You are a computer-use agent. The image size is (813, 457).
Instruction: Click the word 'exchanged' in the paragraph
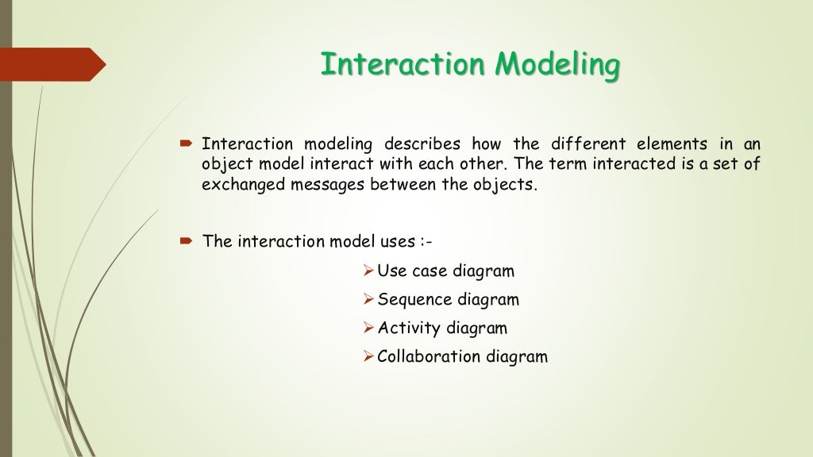tap(237, 185)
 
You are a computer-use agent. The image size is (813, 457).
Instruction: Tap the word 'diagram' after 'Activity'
tap(476, 328)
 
